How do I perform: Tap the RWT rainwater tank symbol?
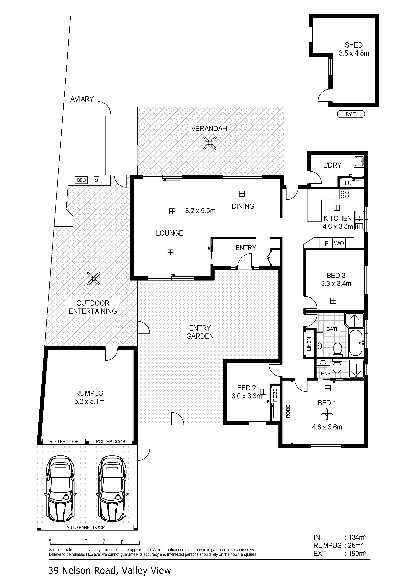pos(351,114)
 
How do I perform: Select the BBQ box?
pos(82,180)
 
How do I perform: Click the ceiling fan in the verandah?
pos(210,143)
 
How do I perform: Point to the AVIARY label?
pos(82,99)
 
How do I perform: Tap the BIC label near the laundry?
pos(347,183)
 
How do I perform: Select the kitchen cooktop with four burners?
pos(345,194)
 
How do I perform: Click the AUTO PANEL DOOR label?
pos(86,527)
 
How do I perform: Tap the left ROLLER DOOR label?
pos(64,442)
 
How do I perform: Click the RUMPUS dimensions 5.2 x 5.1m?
pos(89,401)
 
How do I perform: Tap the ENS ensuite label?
pos(326,374)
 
